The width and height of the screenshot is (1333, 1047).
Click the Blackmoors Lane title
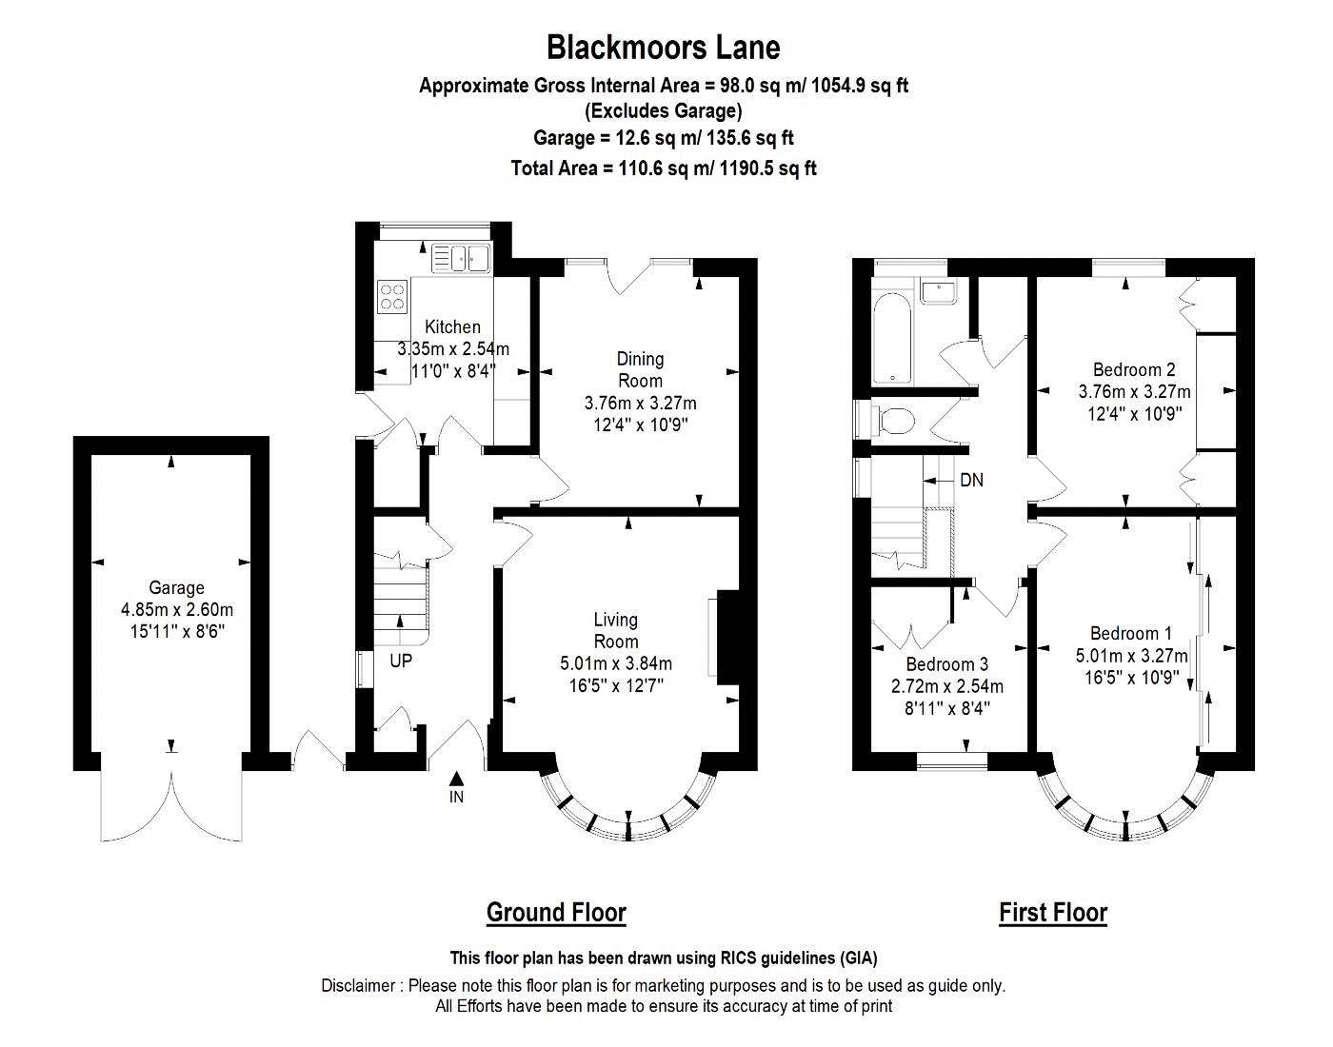click(x=663, y=47)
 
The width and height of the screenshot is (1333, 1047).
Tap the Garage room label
click(x=176, y=588)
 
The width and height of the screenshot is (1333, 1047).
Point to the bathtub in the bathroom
click(x=892, y=338)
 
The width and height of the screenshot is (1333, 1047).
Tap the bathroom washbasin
click(x=939, y=290)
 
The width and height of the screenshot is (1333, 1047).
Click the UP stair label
click(x=401, y=660)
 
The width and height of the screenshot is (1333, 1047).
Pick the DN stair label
click(x=971, y=481)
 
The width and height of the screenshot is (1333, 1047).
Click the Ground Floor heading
click(x=556, y=912)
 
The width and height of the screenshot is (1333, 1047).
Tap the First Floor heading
click(x=1053, y=912)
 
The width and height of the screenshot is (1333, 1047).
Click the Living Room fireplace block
click(x=727, y=638)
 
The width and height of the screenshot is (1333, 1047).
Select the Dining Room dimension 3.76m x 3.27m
click(x=640, y=403)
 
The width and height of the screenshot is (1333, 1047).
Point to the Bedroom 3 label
click(x=946, y=664)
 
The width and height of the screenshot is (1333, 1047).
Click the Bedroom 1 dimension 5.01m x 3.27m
click(x=1131, y=656)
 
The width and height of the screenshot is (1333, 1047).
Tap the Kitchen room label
click(x=452, y=326)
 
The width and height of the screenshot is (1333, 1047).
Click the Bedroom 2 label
click(x=1133, y=369)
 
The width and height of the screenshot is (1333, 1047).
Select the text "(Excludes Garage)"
click(x=663, y=110)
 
